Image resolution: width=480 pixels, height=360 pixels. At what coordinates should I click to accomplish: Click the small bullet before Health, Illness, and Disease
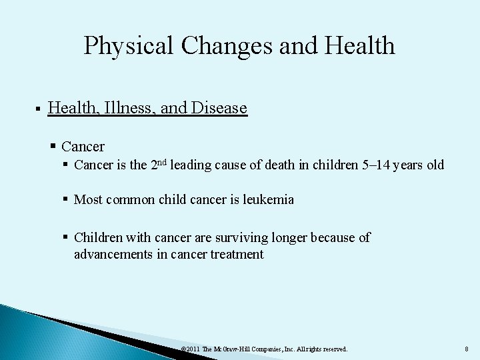(x=38, y=109)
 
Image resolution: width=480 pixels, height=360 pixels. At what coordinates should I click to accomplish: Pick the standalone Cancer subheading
(x=83, y=146)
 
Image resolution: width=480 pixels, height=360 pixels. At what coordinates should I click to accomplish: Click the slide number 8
(x=466, y=349)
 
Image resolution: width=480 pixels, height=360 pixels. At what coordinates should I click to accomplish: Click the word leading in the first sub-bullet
(x=191, y=165)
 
